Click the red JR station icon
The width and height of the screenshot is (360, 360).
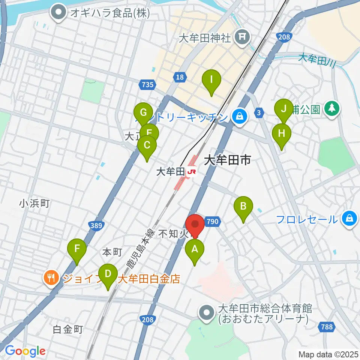pos(192,172)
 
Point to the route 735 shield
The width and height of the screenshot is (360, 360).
pos(148,85)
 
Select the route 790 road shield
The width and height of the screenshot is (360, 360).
pos(212,222)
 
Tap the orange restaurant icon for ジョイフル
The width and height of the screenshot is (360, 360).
pos(51,278)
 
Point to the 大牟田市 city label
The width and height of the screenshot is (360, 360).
pos(227,161)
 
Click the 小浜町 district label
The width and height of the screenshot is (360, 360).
pos(34,204)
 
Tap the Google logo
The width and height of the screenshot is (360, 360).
pos(25,351)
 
